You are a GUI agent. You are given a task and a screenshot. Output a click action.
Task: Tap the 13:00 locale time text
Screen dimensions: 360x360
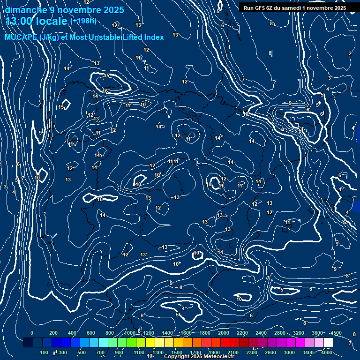pyautogui.click(x=37, y=21)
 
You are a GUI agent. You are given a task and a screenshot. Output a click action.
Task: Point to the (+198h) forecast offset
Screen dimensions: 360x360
pyautogui.click(x=83, y=21)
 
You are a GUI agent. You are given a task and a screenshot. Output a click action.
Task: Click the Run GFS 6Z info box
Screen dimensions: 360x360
pyautogui.click(x=295, y=8)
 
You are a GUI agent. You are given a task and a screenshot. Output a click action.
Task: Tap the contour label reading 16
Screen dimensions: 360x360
pyautogui.click(x=105, y=91)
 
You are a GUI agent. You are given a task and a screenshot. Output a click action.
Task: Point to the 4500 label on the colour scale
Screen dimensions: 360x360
pyautogui.click(x=336, y=333)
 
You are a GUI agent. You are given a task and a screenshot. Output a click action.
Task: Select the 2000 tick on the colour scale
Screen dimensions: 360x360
pyautogui.click(x=224, y=333)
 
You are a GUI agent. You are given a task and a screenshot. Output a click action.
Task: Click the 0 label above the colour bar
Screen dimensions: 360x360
pyautogui.click(x=32, y=333)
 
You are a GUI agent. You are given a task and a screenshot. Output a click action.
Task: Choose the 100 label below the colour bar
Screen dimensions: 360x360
pyautogui.click(x=44, y=352)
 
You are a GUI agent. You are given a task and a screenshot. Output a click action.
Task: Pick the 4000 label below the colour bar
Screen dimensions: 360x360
pyautogui.click(x=327, y=352)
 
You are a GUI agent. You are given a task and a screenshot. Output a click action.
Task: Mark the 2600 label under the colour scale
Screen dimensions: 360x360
pyautogui.click(x=270, y=352)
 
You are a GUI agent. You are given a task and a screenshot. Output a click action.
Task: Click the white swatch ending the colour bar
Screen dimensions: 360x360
pyautogui.click(x=328, y=343)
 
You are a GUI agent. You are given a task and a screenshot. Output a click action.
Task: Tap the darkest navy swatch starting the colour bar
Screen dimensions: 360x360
pyautogui.click(x=28, y=343)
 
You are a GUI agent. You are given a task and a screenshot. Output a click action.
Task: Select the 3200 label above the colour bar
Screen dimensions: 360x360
pyautogui.click(x=299, y=333)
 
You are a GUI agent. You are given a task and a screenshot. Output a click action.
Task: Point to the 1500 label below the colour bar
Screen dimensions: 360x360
pyautogui.click(x=177, y=352)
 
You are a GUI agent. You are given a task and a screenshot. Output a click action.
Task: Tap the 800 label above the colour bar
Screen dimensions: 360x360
pyautogui.click(x=110, y=333)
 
